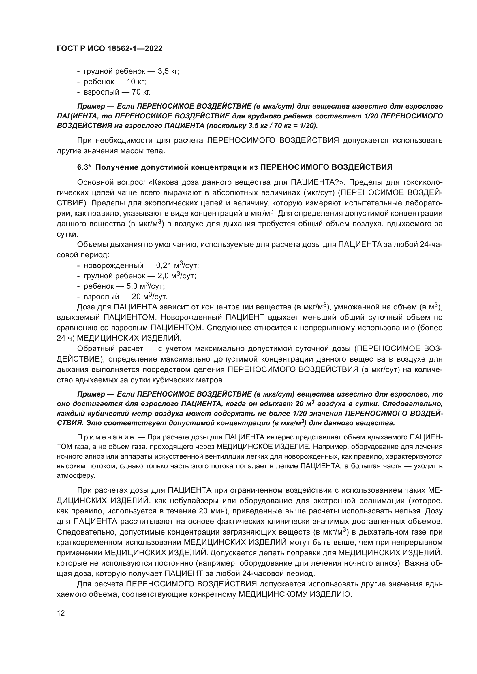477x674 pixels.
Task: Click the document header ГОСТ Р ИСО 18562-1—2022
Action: pyautogui.click(x=109, y=48)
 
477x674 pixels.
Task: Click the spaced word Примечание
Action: pyautogui.click(x=106, y=437)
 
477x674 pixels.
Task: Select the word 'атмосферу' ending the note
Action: pyautogui.click(x=75, y=475)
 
